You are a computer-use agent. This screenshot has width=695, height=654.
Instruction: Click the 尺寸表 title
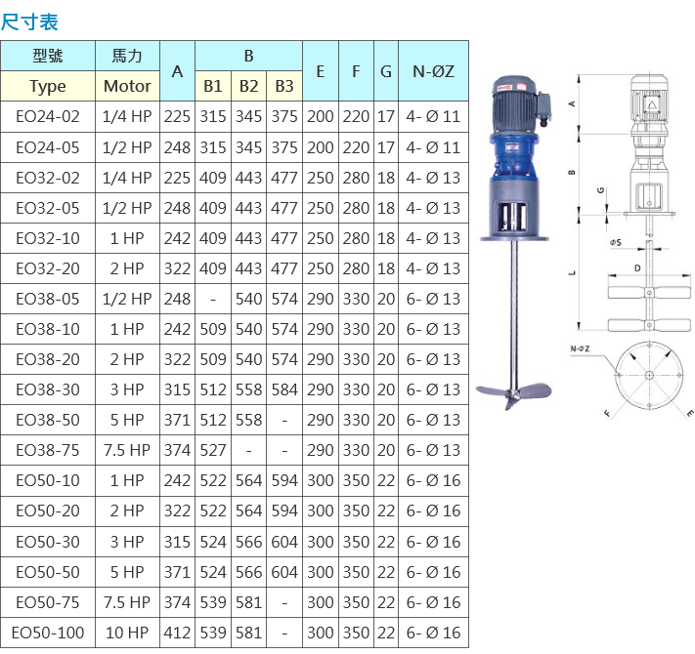pyautogui.click(x=29, y=22)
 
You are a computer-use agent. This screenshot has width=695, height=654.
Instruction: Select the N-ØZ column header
pyautogui.click(x=433, y=71)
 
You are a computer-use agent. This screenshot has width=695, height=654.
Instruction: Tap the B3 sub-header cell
pyautogui.click(x=284, y=86)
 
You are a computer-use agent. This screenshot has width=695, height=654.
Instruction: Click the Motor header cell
pyautogui.click(x=127, y=86)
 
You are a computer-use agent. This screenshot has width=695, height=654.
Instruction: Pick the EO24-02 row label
pyautogui.click(x=48, y=117)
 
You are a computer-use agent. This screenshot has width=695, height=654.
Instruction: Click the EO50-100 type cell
pyautogui.click(x=48, y=633)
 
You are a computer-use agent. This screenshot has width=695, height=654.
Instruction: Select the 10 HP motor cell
pyautogui.click(x=127, y=633)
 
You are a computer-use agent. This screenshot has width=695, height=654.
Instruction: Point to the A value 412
pyautogui.click(x=177, y=633)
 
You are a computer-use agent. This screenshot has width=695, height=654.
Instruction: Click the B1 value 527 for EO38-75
pyautogui.click(x=213, y=450)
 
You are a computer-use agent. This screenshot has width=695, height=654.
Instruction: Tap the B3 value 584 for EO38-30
pyautogui.click(x=284, y=389)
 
